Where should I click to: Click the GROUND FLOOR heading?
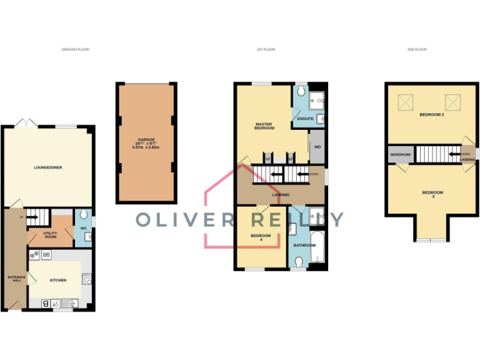75,49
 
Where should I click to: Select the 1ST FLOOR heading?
266,49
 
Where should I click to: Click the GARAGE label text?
146,140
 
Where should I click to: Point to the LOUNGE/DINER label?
48,167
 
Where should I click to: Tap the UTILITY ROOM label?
50,234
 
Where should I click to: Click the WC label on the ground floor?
82,228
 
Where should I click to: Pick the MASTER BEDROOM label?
264,126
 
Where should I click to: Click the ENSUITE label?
305,119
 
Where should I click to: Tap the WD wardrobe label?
317,147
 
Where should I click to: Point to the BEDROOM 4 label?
261,237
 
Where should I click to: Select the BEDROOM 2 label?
431,116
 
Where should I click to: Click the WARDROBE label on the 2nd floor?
399,154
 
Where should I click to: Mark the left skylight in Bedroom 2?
404,100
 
